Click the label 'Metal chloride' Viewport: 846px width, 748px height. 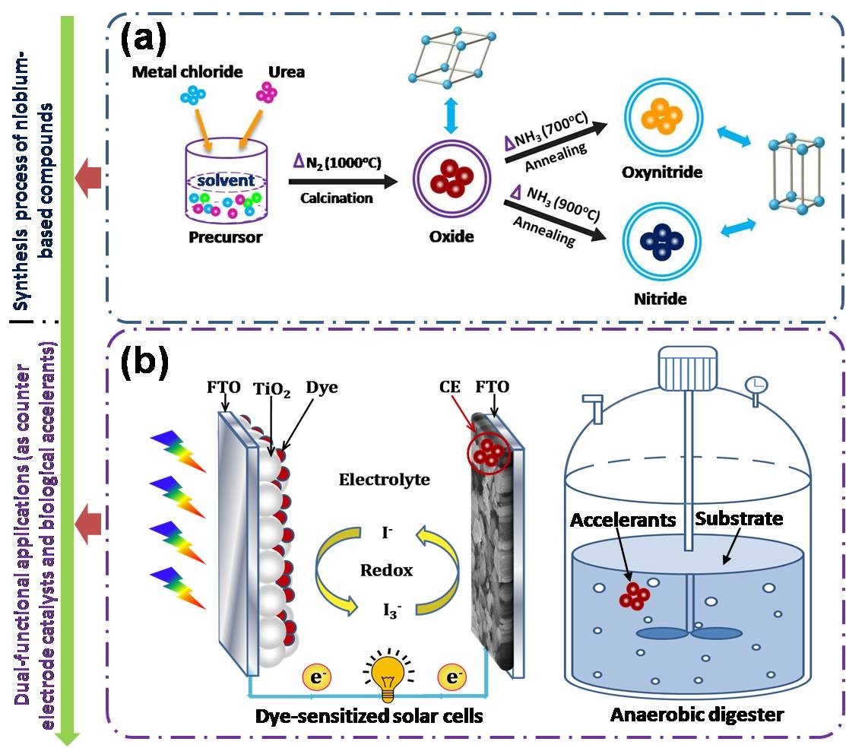pyautogui.click(x=187, y=71)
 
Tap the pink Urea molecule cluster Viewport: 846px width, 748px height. pyautogui.click(x=267, y=92)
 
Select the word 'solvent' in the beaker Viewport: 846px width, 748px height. pyautogui.click(x=226, y=180)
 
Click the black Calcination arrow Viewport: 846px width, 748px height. pyautogui.click(x=343, y=182)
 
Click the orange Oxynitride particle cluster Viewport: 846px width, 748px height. pyautogui.click(x=663, y=116)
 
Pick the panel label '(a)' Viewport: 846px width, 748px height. pyautogui.click(x=144, y=39)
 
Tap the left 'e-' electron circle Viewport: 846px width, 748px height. pyautogui.click(x=317, y=677)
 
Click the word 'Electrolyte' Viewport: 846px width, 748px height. pyautogui.click(x=385, y=479)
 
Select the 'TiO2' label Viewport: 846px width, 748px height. pyautogui.click(x=272, y=390)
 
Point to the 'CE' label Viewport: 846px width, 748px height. pyautogui.click(x=450, y=387)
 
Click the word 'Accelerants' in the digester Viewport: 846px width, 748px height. pyautogui.click(x=623, y=520)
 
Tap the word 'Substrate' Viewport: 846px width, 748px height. pyautogui.click(x=739, y=518)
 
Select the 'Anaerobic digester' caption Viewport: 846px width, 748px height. pyautogui.click(x=697, y=715)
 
